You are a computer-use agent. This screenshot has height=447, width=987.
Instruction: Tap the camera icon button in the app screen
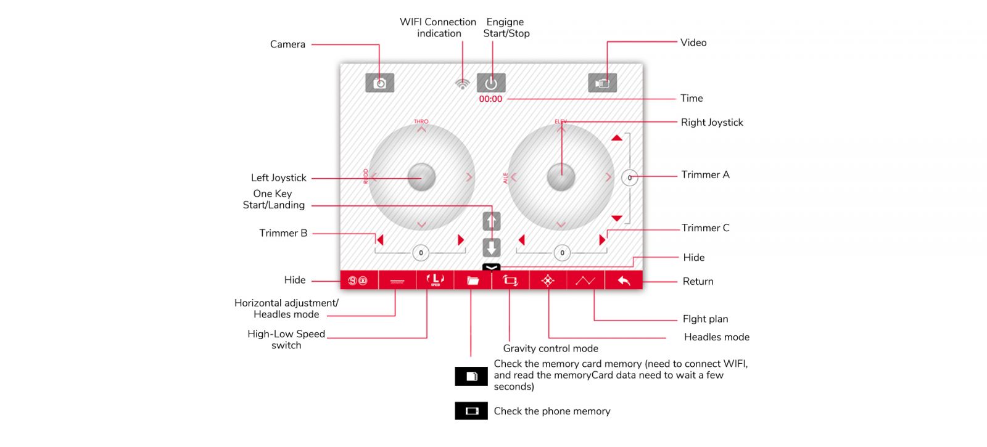tap(379, 83)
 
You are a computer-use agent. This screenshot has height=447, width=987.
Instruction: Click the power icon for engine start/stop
tap(491, 83)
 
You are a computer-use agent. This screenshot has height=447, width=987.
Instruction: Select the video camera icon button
tap(602, 83)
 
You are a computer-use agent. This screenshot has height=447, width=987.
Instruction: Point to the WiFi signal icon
tap(462, 84)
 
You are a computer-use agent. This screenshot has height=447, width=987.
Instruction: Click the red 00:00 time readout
tap(490, 99)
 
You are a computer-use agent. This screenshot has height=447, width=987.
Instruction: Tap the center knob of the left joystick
tap(422, 177)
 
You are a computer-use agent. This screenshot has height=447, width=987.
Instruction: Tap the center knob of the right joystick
tap(561, 177)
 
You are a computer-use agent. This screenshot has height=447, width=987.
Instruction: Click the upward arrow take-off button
tap(492, 221)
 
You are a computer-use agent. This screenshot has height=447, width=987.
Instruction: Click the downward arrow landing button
tap(492, 247)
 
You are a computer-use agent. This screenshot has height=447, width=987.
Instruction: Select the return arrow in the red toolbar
tap(624, 281)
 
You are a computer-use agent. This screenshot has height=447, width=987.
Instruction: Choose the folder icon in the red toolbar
tap(473, 281)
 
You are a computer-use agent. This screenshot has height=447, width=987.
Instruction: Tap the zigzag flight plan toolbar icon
tap(585, 281)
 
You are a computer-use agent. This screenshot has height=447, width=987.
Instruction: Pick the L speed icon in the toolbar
tap(436, 280)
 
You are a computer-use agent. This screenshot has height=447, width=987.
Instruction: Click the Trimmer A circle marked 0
tap(629, 178)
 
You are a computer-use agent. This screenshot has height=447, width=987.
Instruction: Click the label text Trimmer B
tap(283, 233)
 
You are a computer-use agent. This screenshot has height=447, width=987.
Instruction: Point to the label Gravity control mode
tap(550, 348)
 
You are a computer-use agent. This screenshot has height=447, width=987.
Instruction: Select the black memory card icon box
tap(471, 376)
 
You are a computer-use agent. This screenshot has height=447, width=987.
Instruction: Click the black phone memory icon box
tap(471, 411)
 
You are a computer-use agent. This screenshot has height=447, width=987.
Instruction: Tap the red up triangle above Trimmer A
tap(617, 138)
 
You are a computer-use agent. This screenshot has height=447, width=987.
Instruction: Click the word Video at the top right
tap(693, 43)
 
